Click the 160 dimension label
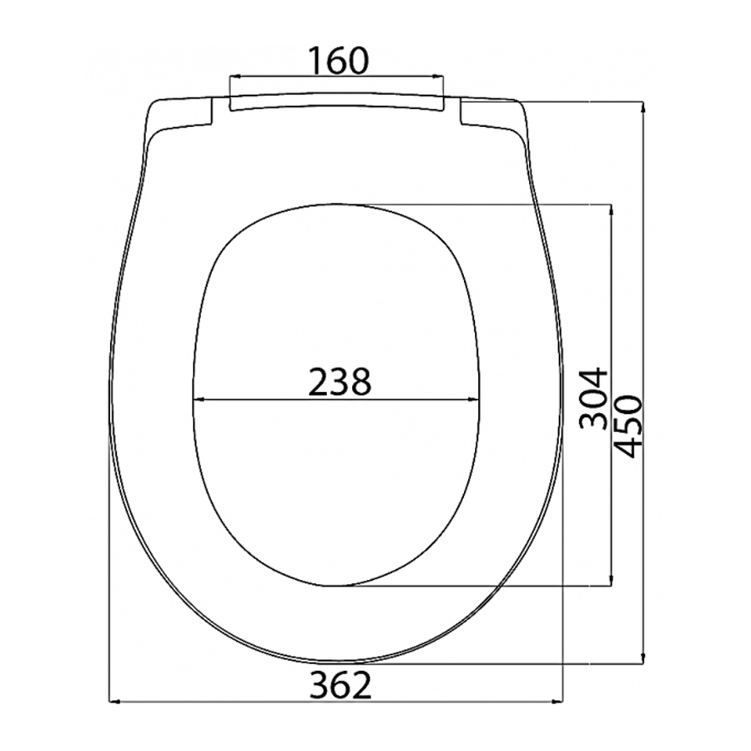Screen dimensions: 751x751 pyautogui.click(x=338, y=60)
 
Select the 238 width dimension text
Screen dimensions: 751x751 pyautogui.click(x=339, y=381)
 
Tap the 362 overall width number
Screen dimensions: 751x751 pyautogui.click(x=340, y=685)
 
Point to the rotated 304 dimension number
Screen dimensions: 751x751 pyautogui.click(x=592, y=399)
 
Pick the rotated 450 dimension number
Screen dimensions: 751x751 pyautogui.click(x=627, y=427)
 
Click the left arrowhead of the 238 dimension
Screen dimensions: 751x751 pyautogui.click(x=199, y=399)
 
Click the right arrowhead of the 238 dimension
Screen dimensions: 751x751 pyautogui.click(x=473, y=399)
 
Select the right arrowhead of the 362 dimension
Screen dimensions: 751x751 pyautogui.click(x=557, y=702)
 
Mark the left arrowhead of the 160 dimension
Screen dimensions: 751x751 pyautogui.click(x=236, y=76)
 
